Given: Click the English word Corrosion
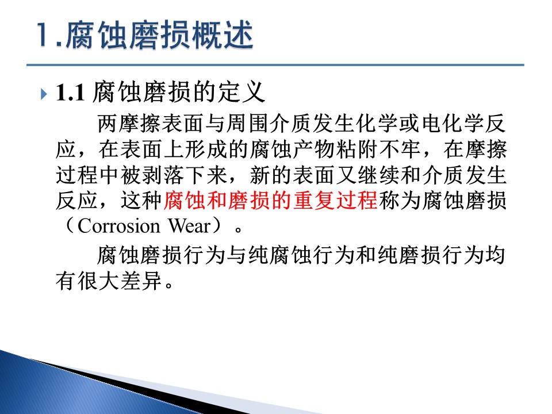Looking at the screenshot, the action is tap(118, 226).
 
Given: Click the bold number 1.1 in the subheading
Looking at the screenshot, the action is tap(70, 93).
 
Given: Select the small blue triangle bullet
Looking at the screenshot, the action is tap(44, 94).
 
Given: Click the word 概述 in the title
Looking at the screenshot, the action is tap(223, 34).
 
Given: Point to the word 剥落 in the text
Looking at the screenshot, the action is tap(163, 175).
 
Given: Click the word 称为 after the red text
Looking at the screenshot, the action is tap(400, 200).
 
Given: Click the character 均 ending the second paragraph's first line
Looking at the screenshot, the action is tap(495, 255).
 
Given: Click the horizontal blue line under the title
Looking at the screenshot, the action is tap(275, 65).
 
